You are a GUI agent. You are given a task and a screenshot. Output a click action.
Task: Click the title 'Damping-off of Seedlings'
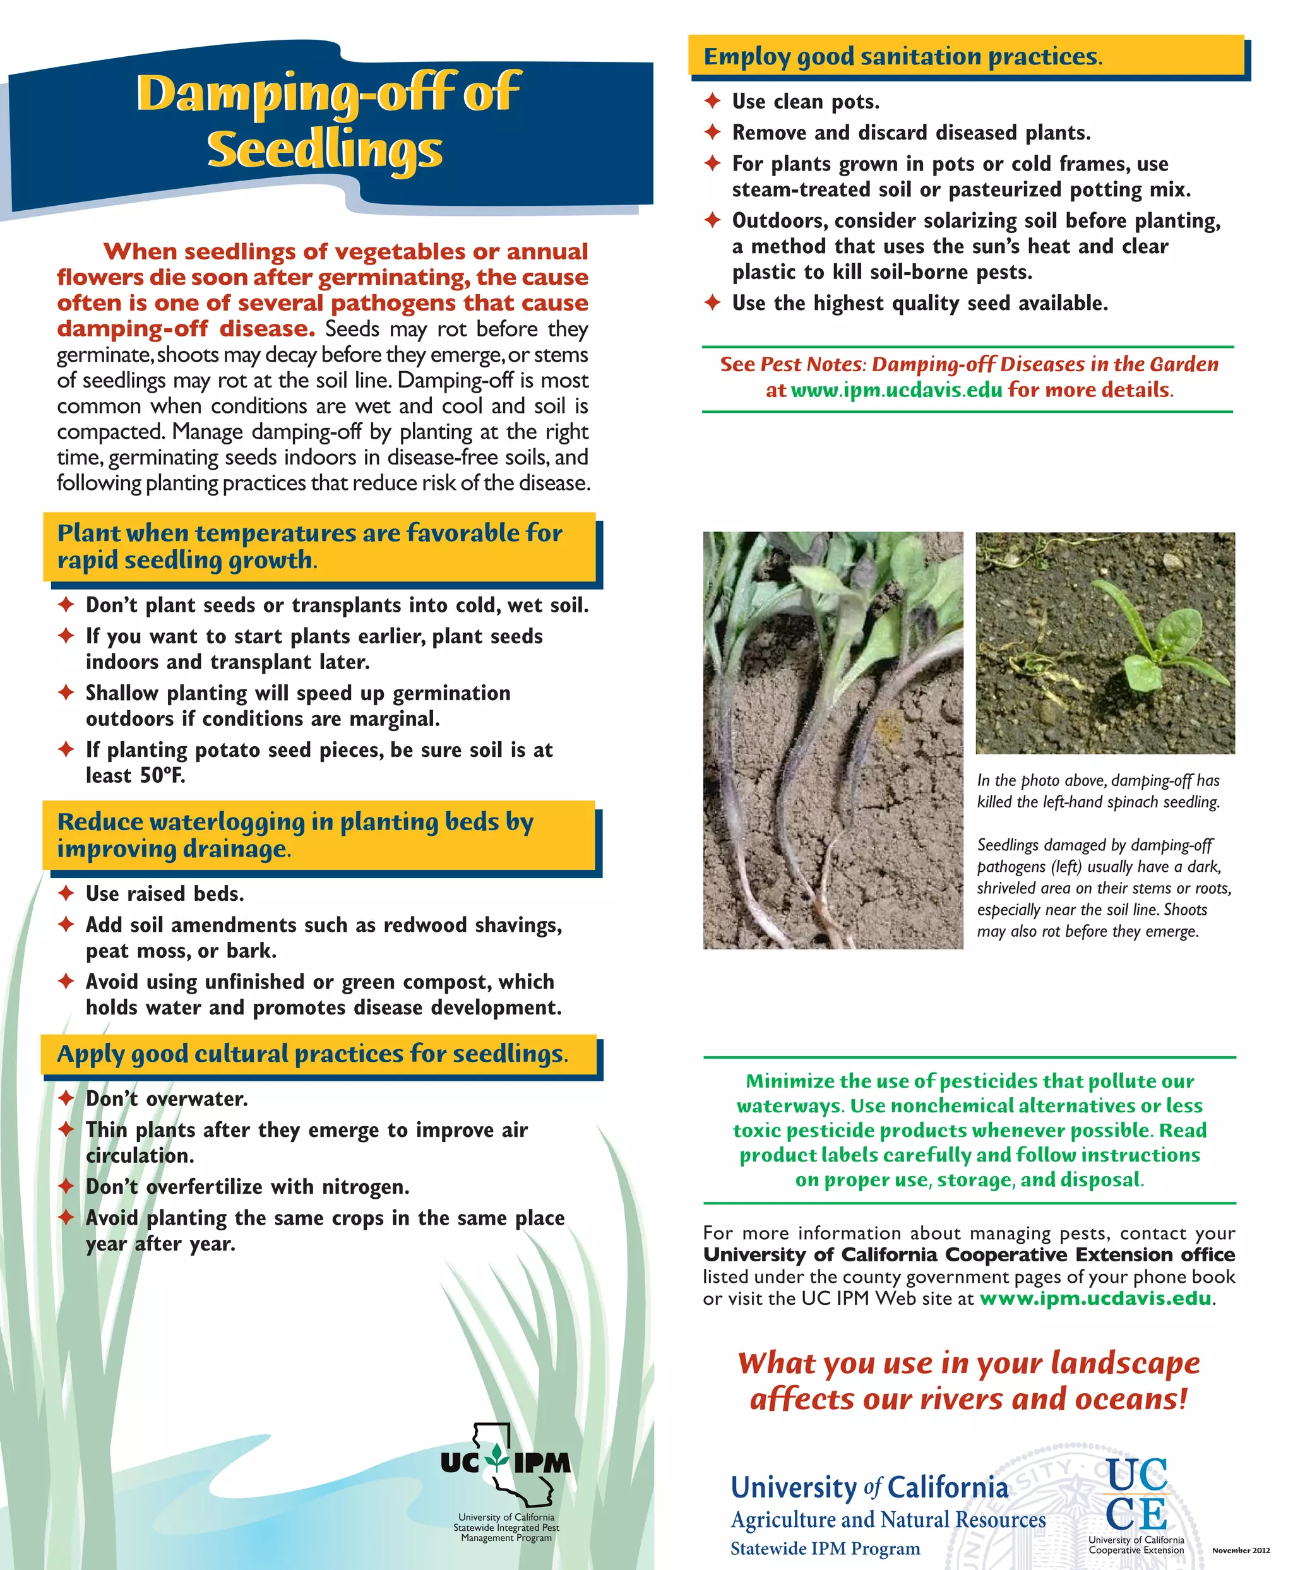(x=327, y=119)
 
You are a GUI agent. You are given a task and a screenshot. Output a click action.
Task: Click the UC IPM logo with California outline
(x=506, y=1463)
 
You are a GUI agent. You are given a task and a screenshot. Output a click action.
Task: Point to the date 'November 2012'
(x=1241, y=1550)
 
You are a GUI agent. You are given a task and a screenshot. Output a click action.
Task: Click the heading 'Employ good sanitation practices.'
(x=903, y=57)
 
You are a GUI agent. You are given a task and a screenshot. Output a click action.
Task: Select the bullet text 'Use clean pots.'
(x=805, y=101)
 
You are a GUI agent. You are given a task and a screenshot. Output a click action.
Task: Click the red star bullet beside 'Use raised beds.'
(x=66, y=893)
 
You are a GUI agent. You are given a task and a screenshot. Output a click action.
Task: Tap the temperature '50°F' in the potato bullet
(x=162, y=775)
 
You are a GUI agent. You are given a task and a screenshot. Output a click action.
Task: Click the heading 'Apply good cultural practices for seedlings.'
(x=312, y=1054)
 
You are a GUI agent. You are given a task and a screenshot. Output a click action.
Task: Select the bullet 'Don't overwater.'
(x=167, y=1098)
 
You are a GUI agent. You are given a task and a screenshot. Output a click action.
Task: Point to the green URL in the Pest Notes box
(x=896, y=390)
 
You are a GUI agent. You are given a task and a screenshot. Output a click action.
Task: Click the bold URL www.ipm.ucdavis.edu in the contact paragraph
(x=1095, y=1298)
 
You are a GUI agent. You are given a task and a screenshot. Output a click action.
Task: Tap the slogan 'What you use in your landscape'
(x=968, y=1363)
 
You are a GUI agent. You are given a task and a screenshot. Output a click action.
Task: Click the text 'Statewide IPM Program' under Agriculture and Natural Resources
(x=825, y=1549)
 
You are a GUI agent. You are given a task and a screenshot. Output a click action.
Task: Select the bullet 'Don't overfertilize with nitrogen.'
(x=247, y=1186)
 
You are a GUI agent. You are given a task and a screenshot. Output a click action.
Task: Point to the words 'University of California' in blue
(x=869, y=1487)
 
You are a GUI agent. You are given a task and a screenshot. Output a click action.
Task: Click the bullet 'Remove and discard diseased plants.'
(x=911, y=133)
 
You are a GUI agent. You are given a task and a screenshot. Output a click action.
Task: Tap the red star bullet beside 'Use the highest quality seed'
(x=713, y=302)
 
